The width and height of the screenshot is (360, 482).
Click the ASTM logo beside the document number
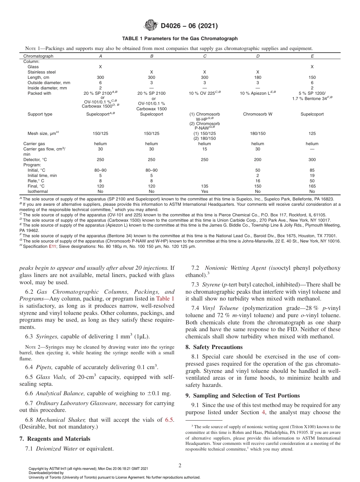pyautogui.click(x=151, y=26)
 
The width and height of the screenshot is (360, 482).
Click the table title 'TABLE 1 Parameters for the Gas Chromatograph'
pyautogui.click(x=180, y=39)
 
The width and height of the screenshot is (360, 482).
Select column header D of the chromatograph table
pyautogui.click(x=258, y=56)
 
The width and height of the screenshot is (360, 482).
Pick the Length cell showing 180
pyautogui.click(x=258, y=77)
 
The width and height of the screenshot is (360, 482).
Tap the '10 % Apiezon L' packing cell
pyautogui.click(x=258, y=93)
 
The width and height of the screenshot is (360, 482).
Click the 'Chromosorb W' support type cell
pyautogui.click(x=258, y=114)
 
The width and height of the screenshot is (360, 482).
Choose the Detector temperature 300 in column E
pyautogui.click(x=312, y=160)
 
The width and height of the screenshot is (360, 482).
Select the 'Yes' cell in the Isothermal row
pyautogui.click(x=205, y=192)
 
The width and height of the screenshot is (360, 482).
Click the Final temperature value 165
pyautogui.click(x=312, y=186)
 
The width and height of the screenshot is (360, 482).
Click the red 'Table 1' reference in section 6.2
pyautogui.click(x=165, y=299)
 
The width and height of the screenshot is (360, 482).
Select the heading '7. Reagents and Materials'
pyautogui.click(x=55, y=439)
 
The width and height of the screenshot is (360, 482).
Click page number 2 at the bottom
pyautogui.click(x=180, y=466)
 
